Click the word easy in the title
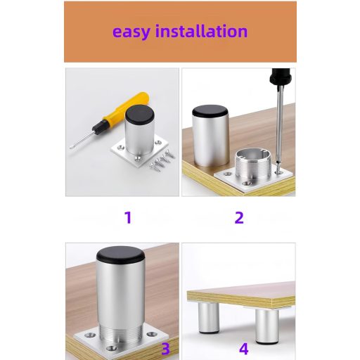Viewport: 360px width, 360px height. click(x=131, y=32)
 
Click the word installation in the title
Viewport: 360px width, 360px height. click(x=202, y=31)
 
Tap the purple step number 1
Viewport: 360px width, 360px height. click(x=128, y=217)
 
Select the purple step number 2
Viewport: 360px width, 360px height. click(x=239, y=217)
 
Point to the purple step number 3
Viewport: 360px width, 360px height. click(x=165, y=349)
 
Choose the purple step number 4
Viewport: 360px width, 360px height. click(x=244, y=349)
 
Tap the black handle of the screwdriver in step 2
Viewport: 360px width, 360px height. click(x=281, y=77)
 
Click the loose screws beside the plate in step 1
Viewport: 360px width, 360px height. click(x=162, y=160)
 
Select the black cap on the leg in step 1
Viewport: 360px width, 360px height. click(x=139, y=114)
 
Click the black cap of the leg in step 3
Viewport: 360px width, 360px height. click(x=120, y=255)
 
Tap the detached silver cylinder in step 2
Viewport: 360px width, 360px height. click(x=210, y=136)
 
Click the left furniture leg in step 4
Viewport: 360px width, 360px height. click(x=209, y=318)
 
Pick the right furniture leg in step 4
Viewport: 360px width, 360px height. click(x=267, y=326)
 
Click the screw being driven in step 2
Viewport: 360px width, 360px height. click(x=278, y=167)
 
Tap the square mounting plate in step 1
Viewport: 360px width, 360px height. click(x=140, y=152)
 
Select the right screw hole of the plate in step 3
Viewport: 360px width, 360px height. click(x=153, y=333)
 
